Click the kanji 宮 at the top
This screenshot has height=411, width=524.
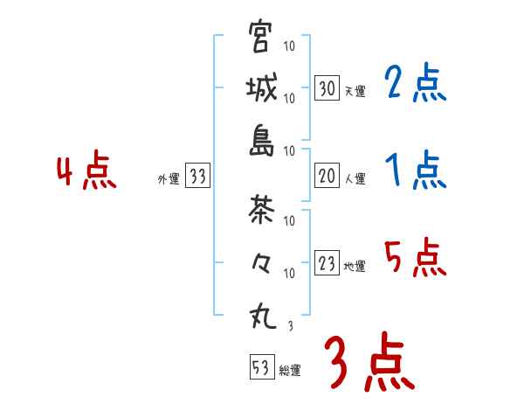pos(260,38)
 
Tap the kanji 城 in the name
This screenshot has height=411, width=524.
pos(260,88)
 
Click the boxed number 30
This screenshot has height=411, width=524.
pos(327,88)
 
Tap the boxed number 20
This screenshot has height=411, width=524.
pos(327,176)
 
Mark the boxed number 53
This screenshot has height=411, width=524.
pos(260,367)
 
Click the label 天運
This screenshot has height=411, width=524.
pos(355,91)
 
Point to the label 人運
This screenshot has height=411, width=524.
pos(355,178)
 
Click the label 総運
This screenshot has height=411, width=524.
pos(290,370)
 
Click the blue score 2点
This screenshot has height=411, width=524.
pos(415,83)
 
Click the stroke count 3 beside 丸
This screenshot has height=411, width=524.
pos(290,326)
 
